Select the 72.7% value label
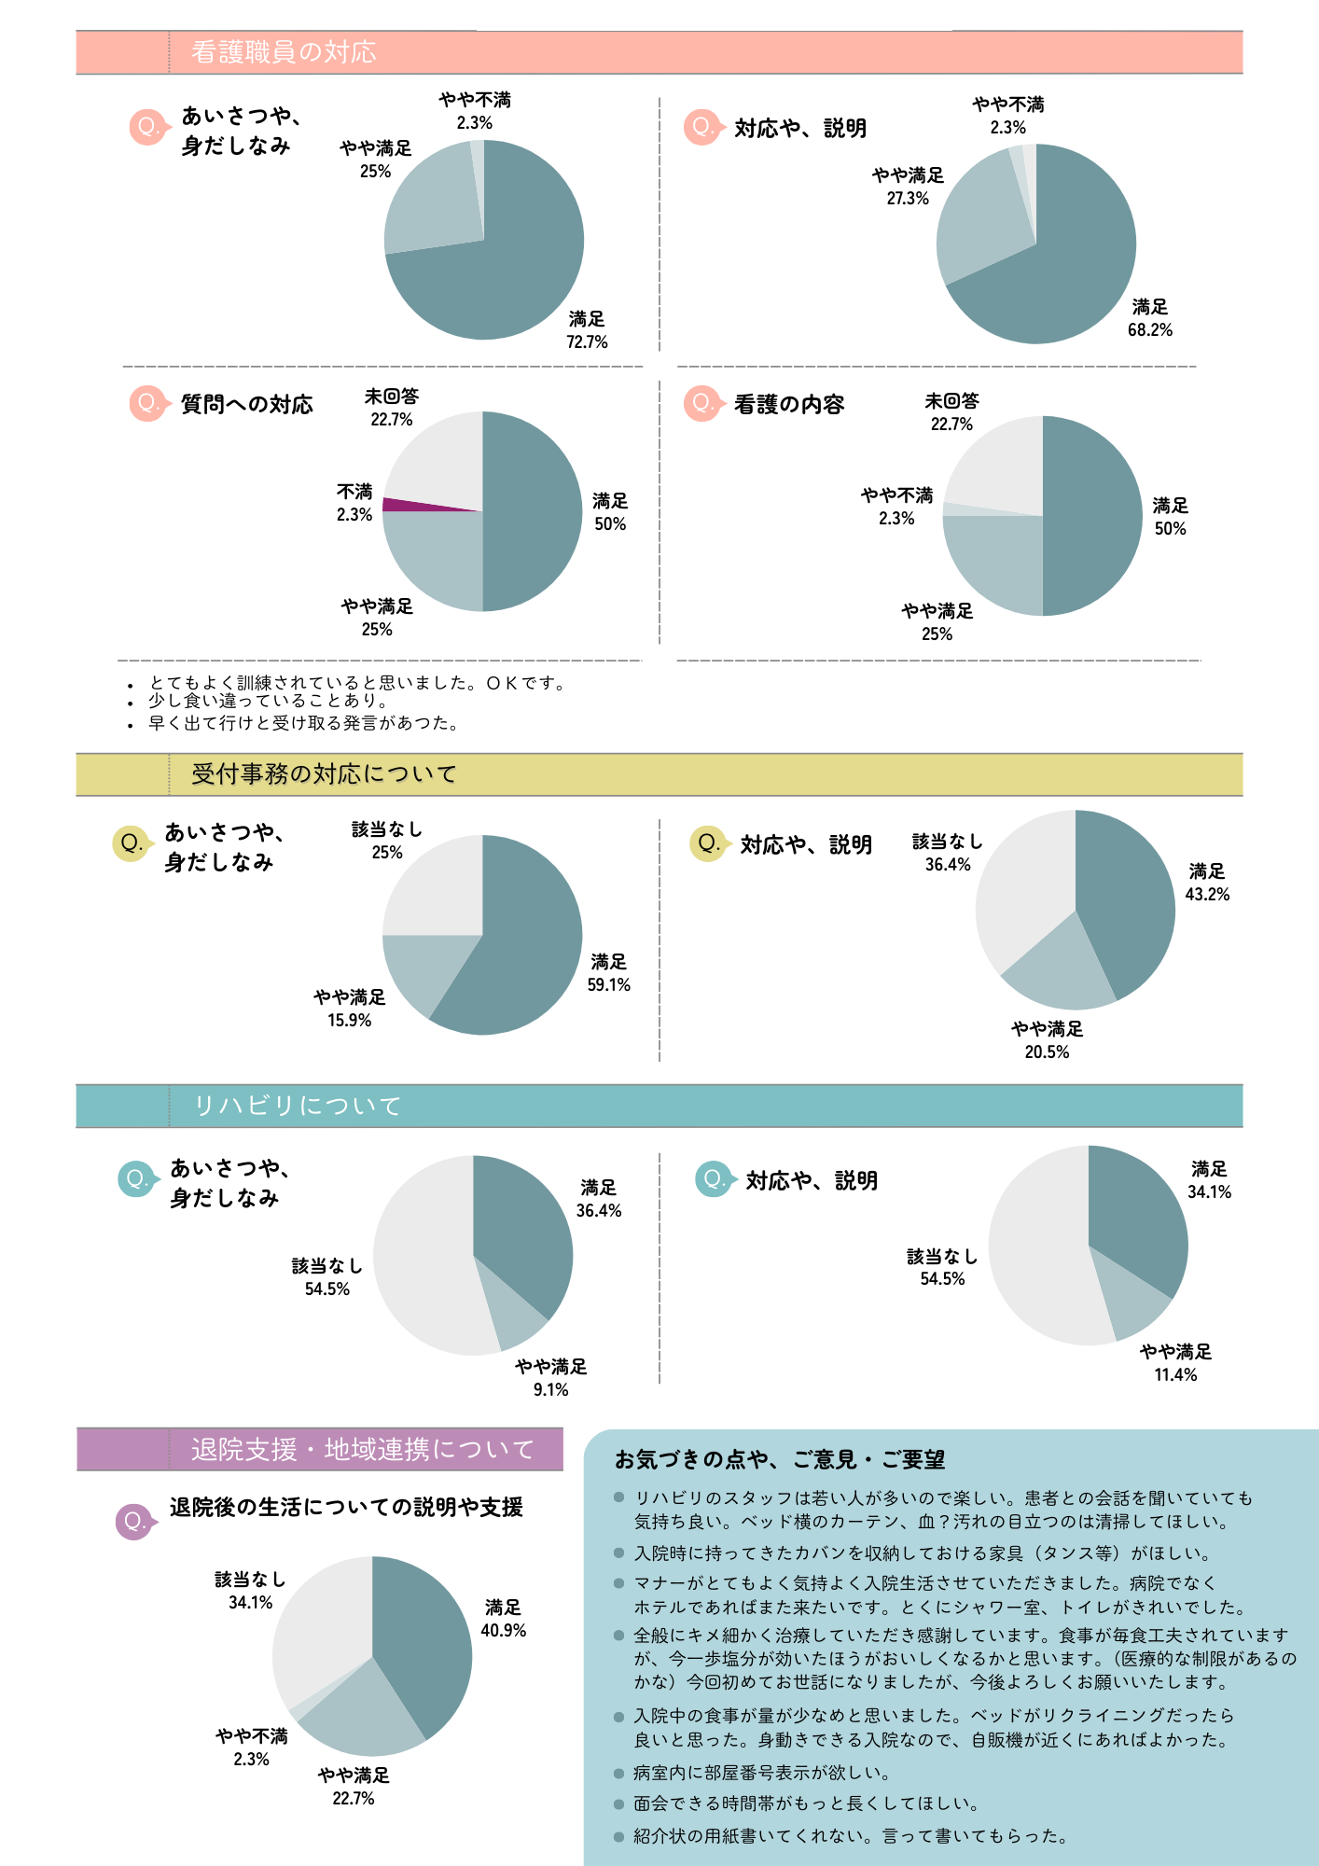pos(587,342)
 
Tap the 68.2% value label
pos(1149,330)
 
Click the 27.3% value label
pos(908,199)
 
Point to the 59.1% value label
pos(608,985)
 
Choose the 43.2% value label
pos(1207,895)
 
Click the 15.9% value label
pos(349,1021)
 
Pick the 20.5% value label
pos(1047,1052)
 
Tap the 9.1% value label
pos(550,1390)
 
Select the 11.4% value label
pos(1175,1375)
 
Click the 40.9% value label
pos(503,1631)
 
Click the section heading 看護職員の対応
pos(284,52)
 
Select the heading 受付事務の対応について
pos(324,774)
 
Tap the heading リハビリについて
pos(297,1107)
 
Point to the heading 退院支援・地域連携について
pos(363,1450)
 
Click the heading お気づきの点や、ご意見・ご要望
pos(779,1460)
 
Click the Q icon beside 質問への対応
pos(146,404)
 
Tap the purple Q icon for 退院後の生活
pos(133,1522)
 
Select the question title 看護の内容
pos(788,405)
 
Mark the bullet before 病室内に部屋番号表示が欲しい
pos(618,1773)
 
